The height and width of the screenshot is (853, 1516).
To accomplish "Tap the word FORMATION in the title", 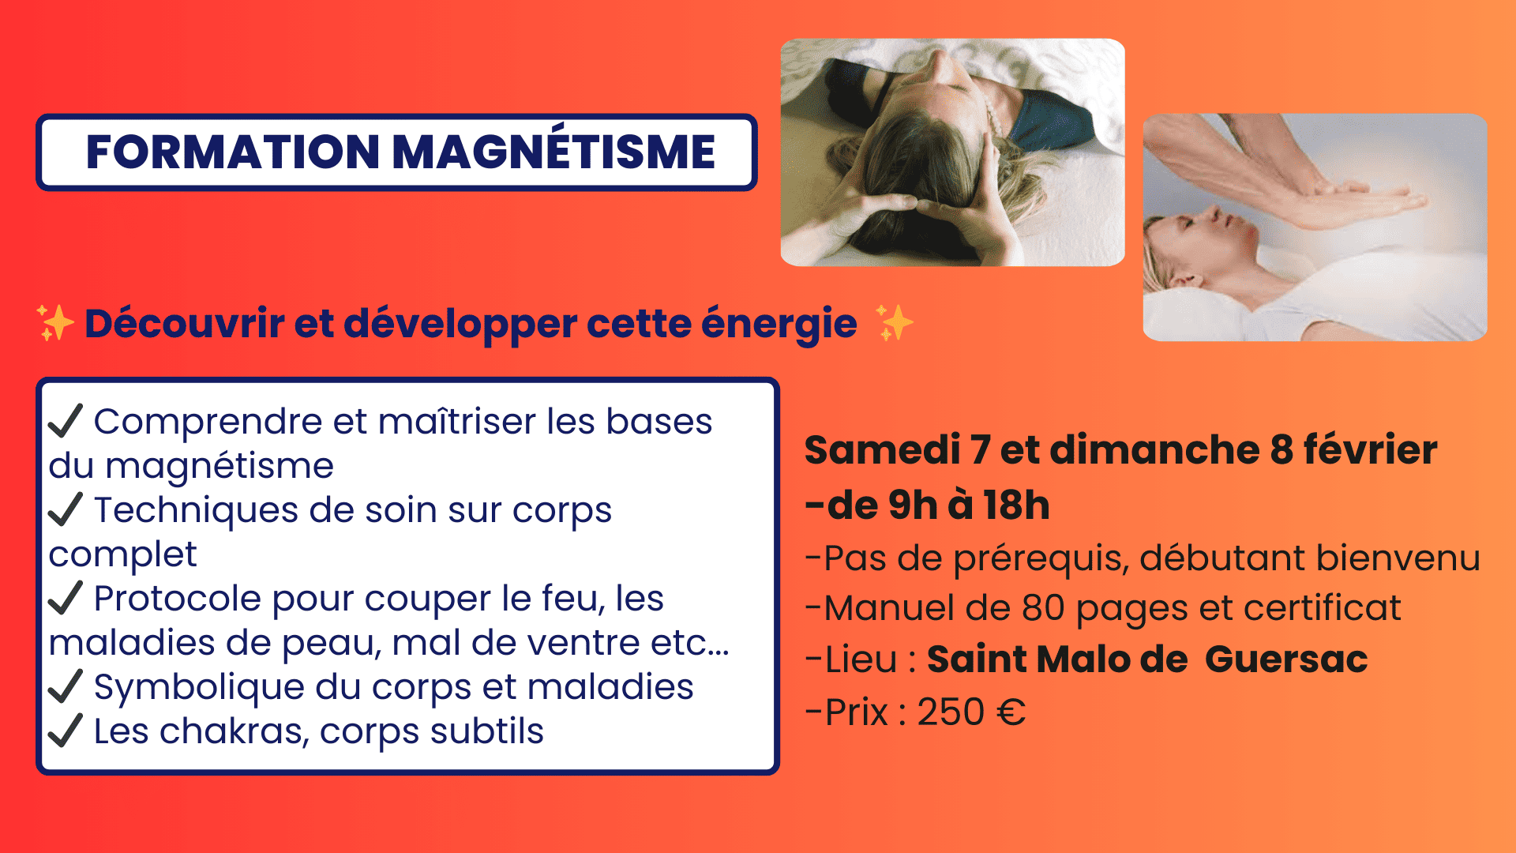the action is [233, 152].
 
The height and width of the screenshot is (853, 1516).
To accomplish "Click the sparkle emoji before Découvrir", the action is [55, 323].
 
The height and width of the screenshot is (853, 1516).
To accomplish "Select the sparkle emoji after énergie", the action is [895, 323].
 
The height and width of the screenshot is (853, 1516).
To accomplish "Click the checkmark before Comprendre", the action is [66, 420].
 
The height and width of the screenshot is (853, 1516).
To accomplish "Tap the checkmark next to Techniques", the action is [66, 509].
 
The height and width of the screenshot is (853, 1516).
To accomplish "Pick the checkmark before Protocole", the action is [66, 597].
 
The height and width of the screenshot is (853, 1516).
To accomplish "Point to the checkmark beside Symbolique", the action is [66, 686].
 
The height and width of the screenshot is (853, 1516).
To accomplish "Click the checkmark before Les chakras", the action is [66, 730].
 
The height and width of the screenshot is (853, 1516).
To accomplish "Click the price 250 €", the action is [971, 712].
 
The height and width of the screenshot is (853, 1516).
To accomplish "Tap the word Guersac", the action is [1286, 659].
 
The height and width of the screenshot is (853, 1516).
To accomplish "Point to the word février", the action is [1370, 449].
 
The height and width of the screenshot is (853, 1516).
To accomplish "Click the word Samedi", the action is [882, 449].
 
